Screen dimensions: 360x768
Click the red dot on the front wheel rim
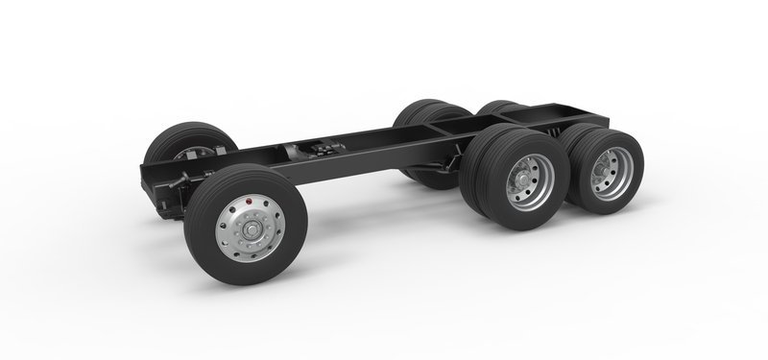pyautogui.click(x=249, y=203)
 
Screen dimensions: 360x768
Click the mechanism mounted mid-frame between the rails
pyautogui.click(x=317, y=150)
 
